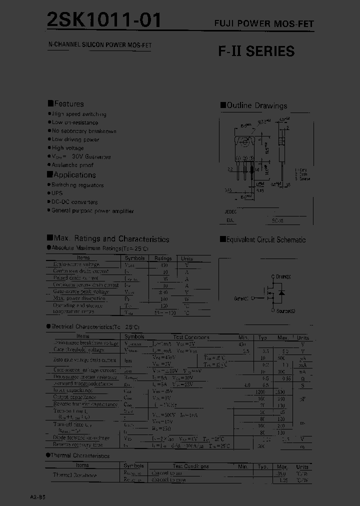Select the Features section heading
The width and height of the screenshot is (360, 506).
tap(66, 104)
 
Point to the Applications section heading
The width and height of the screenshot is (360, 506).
tap(71, 175)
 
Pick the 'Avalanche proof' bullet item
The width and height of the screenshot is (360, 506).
tap(72, 165)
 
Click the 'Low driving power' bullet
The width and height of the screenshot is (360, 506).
tap(75, 139)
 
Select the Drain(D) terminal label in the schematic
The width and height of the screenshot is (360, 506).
tap(283, 276)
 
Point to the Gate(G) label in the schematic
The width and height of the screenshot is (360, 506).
tap(241, 298)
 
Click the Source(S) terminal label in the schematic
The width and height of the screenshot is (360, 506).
tap(285, 311)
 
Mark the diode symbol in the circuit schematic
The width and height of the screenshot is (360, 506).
tap(281, 292)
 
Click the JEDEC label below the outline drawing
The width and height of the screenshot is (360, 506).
tap(230, 211)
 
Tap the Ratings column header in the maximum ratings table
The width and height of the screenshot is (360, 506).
tap(163, 258)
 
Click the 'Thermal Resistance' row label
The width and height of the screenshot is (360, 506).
tap(75, 475)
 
